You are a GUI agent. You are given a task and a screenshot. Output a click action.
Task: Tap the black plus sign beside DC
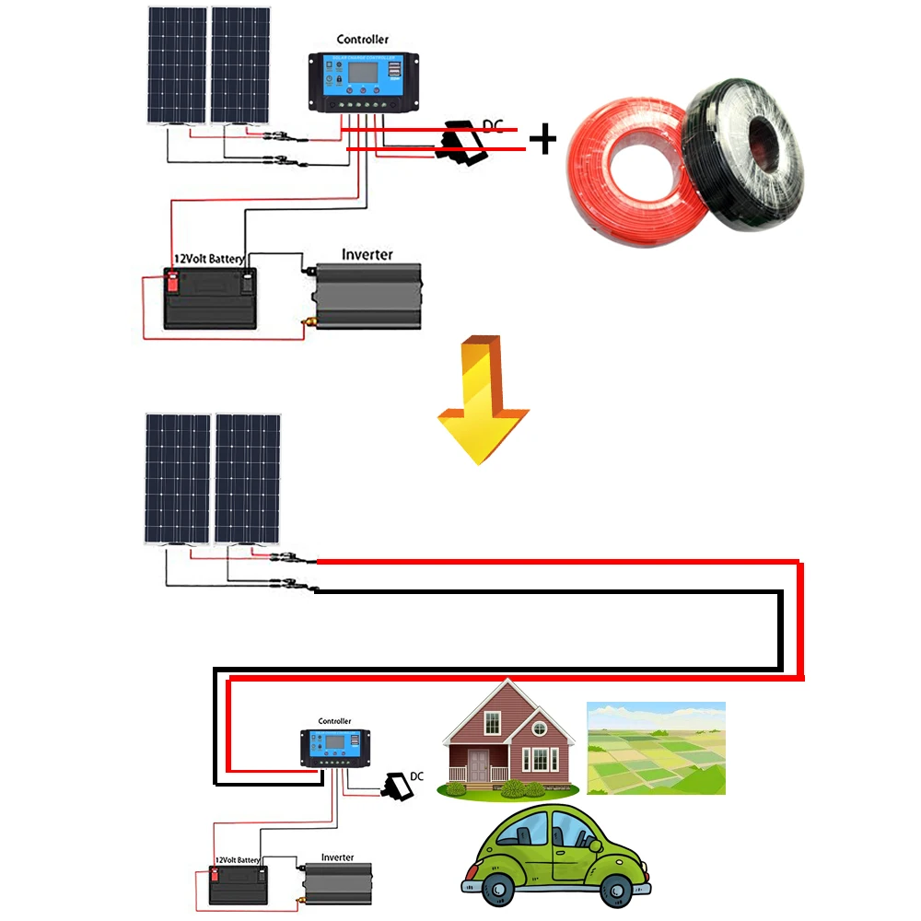pos(544,140)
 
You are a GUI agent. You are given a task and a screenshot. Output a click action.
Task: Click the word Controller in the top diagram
pos(362,40)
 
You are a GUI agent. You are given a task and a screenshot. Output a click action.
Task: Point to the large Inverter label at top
pos(367,254)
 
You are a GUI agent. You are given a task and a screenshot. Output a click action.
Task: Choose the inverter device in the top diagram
pos(367,297)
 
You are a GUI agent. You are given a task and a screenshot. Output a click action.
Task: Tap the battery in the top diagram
pos(210,299)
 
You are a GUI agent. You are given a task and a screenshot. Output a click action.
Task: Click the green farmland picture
pos(656,748)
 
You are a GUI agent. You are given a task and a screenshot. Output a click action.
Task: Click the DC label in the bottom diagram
pos(416,776)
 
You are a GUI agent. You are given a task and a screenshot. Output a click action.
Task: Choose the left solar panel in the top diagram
pos(175,66)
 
